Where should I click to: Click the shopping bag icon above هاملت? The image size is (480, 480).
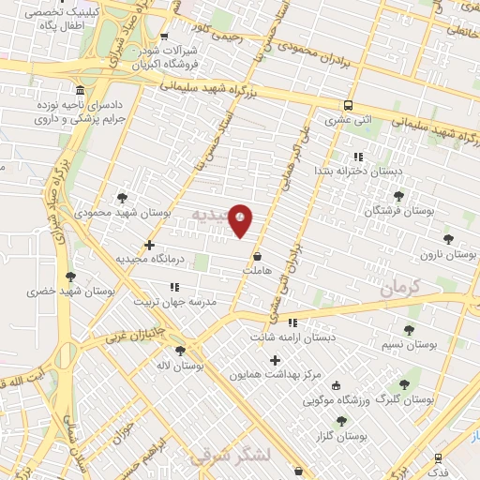[257, 255]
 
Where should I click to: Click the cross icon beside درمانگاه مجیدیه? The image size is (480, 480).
[149, 245]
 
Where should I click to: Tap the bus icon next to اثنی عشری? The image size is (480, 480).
[348, 105]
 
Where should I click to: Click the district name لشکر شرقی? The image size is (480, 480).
[229, 456]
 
